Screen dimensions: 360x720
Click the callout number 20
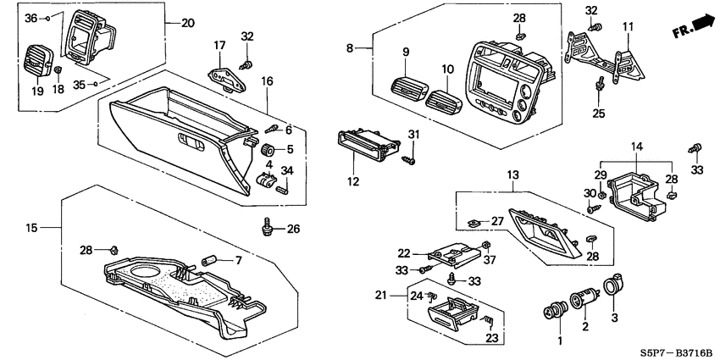click(188, 23)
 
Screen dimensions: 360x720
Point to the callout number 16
click(267, 80)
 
